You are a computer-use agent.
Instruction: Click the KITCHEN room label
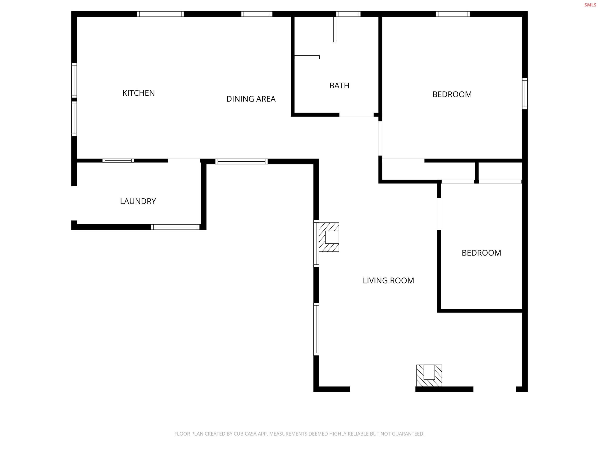138,93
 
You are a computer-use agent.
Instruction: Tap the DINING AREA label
251,99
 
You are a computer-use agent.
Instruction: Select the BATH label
339,85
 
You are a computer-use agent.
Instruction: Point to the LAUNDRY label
138,201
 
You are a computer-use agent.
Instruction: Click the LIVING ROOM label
388,281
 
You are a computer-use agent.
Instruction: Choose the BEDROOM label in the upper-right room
452,94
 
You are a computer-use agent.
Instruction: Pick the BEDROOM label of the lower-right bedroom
481,253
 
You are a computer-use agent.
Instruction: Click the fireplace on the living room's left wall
329,237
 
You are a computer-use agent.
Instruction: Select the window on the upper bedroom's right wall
524,94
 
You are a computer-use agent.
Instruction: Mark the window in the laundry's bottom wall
175,227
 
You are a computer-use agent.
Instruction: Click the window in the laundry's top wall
118,161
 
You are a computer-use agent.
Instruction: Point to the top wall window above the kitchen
160,14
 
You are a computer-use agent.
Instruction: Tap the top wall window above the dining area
257,14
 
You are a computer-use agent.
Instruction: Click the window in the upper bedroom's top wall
453,14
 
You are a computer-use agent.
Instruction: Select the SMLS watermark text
590,5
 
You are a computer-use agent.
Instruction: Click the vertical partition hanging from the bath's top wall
335,29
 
